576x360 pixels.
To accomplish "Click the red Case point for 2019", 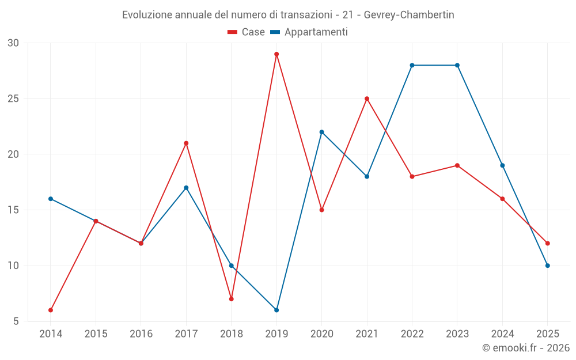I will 276,54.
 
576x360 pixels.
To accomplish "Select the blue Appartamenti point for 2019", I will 276,310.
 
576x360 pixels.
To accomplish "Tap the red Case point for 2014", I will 51,310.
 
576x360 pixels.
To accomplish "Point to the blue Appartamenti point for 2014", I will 51,199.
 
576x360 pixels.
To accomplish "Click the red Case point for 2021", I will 367,98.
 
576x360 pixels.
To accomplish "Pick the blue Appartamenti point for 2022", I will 412,65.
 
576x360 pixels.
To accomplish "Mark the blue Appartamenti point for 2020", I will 321,132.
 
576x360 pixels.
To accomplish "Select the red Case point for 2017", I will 186,143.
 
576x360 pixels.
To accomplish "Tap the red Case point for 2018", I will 231,299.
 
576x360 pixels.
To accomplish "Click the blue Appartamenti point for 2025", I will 547,266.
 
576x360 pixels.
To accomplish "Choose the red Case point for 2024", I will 502,199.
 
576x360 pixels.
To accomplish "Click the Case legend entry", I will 247,32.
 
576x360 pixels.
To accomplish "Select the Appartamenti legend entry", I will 309,32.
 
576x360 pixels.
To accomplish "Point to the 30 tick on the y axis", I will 13,43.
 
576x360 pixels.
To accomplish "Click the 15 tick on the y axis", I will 13,210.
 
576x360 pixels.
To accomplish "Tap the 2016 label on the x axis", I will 141,334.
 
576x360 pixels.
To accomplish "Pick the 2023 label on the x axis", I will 457,334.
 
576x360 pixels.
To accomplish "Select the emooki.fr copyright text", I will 526,348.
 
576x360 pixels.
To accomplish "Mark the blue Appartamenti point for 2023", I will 457,65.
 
